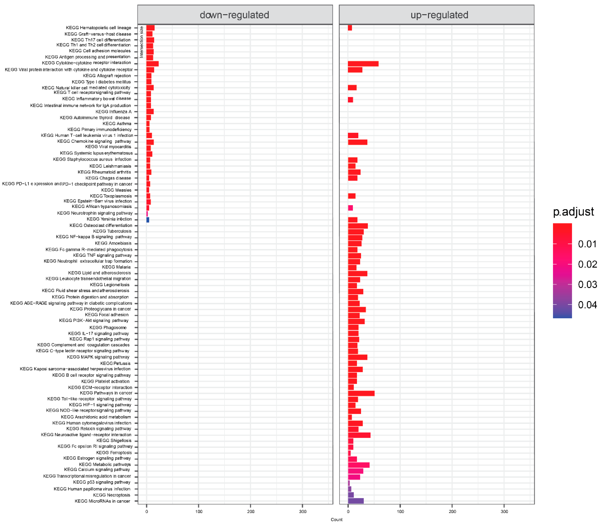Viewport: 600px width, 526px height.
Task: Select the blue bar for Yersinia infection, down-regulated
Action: [x=148, y=219]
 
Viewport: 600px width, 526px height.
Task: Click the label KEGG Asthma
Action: [x=117, y=124]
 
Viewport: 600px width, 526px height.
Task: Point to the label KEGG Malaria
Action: [x=116, y=267]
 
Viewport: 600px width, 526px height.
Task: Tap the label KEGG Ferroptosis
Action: [x=114, y=453]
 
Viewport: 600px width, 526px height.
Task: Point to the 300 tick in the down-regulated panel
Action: [x=302, y=511]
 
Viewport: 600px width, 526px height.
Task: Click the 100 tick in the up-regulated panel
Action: [x=400, y=511]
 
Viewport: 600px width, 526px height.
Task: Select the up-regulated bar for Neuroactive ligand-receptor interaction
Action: [x=359, y=435]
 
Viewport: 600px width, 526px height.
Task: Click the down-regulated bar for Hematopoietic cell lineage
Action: [x=150, y=28]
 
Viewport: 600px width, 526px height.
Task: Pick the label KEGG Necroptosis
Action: [x=112, y=495]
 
